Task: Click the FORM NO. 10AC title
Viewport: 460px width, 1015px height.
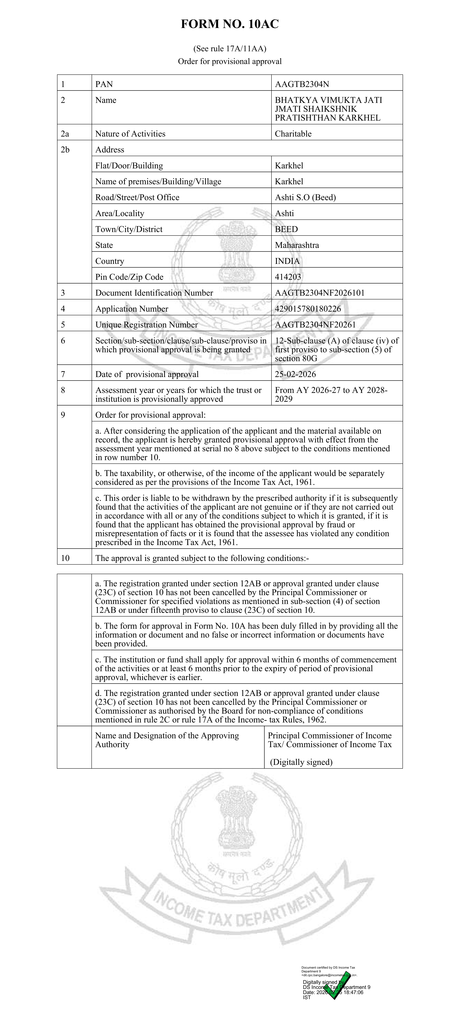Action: (230, 24)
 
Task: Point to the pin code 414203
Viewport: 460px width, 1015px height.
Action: (288, 277)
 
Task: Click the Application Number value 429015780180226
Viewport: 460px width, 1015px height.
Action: (308, 309)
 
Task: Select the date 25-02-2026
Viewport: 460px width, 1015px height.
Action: (295, 374)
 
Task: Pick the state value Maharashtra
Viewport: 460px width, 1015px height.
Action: (297, 245)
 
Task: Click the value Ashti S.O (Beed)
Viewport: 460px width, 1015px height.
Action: (305, 197)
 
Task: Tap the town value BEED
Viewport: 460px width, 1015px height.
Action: (286, 229)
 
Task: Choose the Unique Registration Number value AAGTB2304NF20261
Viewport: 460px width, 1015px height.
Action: (315, 325)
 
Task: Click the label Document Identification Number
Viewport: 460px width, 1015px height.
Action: (154, 293)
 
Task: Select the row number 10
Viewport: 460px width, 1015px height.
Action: (65, 558)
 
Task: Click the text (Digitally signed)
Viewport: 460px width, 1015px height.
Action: (301, 762)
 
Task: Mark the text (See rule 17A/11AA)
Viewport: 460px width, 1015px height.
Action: (230, 49)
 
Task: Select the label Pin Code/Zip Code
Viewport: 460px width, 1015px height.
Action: (129, 277)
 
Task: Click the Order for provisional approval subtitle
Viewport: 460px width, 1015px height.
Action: (230, 62)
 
